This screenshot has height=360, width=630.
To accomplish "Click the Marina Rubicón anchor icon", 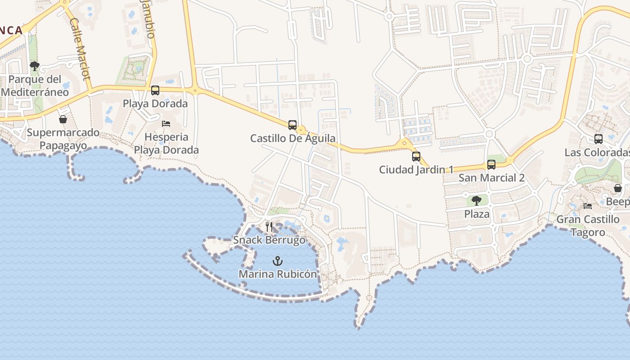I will pyautogui.click(x=278, y=261).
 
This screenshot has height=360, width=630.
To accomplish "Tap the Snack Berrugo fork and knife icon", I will pyautogui.click(x=269, y=226).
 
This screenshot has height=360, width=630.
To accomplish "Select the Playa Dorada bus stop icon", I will pyautogui.click(x=155, y=90).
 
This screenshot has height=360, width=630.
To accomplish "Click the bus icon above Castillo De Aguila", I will pyautogui.click(x=292, y=125).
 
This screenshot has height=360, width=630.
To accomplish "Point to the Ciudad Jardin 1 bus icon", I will pyautogui.click(x=416, y=157).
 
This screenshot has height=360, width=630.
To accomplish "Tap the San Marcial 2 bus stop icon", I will pyautogui.click(x=491, y=165).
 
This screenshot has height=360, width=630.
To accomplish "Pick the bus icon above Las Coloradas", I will pyautogui.click(x=598, y=139).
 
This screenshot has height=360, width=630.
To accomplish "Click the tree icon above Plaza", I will pyautogui.click(x=477, y=201).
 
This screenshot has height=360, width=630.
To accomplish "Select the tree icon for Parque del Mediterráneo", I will pyautogui.click(x=35, y=67).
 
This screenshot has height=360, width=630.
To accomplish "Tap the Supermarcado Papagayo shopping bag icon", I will pyautogui.click(x=63, y=119).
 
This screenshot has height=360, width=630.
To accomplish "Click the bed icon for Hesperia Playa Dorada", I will pyautogui.click(x=166, y=123).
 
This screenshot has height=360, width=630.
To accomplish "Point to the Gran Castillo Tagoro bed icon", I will pyautogui.click(x=588, y=206).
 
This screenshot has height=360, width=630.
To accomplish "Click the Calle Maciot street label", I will pyautogui.click(x=81, y=49).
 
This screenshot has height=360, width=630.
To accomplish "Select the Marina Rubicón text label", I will pyautogui.click(x=278, y=274).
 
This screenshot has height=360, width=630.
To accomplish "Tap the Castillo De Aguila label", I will pyautogui.click(x=293, y=138).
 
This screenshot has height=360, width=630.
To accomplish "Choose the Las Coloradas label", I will pyautogui.click(x=597, y=153).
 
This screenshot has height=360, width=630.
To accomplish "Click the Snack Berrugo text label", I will pyautogui.click(x=269, y=240).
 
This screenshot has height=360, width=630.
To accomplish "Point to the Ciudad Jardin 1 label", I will pyautogui.click(x=416, y=170).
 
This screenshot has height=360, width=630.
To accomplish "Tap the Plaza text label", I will pyautogui.click(x=477, y=214).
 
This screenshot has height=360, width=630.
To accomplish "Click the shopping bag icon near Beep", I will pyautogui.click(x=618, y=188).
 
